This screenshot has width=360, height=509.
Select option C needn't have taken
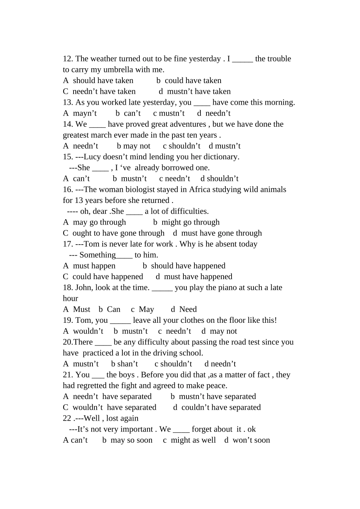click(x=99, y=91)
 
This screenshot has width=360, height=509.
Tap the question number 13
click(x=68, y=102)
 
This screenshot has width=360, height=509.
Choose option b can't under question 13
click(x=128, y=113)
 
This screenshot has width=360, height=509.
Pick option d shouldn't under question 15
click(x=219, y=179)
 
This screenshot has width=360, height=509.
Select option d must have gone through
click(x=217, y=233)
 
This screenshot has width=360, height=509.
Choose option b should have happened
click(x=184, y=266)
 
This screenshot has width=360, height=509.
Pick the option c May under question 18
click(x=142, y=309)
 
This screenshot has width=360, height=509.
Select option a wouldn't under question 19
click(x=83, y=331)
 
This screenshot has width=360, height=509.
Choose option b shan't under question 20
click(x=125, y=364)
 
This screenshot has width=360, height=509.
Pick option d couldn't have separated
click(x=217, y=408)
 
